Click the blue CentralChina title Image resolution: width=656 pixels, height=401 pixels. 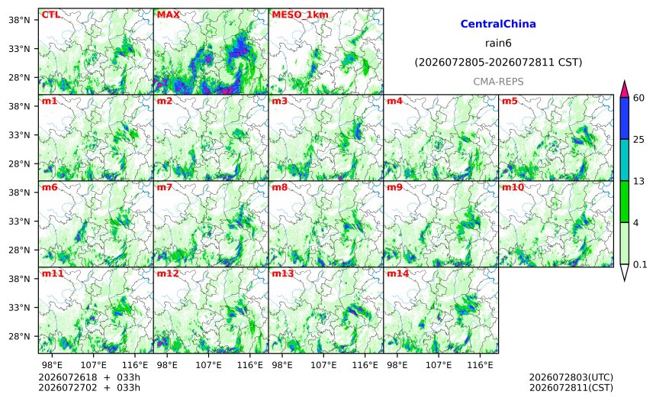[x=498, y=24]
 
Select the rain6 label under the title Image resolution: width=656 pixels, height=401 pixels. [x=498, y=44]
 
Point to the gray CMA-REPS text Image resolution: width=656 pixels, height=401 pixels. [x=498, y=82]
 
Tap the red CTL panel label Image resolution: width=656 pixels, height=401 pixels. [x=50, y=15]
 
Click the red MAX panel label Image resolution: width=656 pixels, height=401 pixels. [x=168, y=15]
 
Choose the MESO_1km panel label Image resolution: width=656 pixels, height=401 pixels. [x=300, y=15]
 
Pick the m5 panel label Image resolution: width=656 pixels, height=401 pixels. [x=510, y=101]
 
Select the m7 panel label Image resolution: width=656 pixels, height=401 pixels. [x=165, y=187]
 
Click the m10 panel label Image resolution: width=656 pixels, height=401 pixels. [x=513, y=187]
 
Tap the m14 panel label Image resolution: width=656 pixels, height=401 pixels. [x=397, y=273]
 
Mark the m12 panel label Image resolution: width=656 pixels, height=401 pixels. [x=167, y=273]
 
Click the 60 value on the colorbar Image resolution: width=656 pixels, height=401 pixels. [x=638, y=98]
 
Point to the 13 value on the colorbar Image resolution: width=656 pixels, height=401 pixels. [x=638, y=182]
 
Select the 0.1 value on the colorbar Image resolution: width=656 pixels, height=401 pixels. [x=640, y=265]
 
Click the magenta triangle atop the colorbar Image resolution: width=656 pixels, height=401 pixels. [x=625, y=89]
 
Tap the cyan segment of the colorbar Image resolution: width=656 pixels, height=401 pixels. [x=625, y=160]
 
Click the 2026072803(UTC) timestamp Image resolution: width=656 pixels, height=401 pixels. [x=571, y=377]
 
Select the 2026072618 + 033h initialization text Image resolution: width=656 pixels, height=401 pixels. [x=89, y=377]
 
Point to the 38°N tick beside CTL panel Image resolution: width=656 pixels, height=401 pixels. [x=19, y=20]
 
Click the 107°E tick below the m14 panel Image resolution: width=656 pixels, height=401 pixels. [x=439, y=365]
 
